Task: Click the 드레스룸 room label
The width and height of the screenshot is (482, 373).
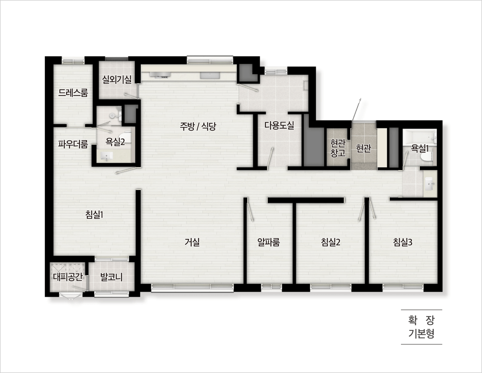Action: [x=73, y=93]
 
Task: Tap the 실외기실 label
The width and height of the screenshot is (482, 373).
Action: [x=117, y=80]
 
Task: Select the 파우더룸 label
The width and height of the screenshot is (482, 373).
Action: [x=73, y=144]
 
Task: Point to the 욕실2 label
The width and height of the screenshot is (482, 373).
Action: [x=115, y=142]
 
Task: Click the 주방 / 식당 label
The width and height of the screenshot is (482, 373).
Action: [x=198, y=126]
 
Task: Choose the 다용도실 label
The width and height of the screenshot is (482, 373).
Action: [x=279, y=125]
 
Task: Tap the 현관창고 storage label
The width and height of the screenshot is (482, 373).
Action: [x=338, y=148]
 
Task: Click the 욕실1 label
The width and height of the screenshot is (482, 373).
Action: [x=420, y=148]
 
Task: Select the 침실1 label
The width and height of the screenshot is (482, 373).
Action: [x=94, y=214]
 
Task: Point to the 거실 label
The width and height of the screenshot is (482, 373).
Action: [x=192, y=242]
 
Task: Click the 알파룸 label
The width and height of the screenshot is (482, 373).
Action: [x=269, y=242]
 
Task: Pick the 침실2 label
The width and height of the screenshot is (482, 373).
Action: [x=331, y=242]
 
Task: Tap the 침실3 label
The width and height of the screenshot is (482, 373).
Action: [x=403, y=242]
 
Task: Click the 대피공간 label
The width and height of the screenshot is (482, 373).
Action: [x=68, y=277]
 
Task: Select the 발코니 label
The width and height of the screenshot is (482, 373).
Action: [x=111, y=277]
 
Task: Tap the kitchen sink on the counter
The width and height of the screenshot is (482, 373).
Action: [x=210, y=75]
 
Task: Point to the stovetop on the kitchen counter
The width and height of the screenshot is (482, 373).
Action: [x=160, y=75]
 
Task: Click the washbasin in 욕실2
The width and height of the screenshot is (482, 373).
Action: [x=107, y=157]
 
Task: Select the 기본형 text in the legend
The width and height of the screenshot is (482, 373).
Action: [x=421, y=334]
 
